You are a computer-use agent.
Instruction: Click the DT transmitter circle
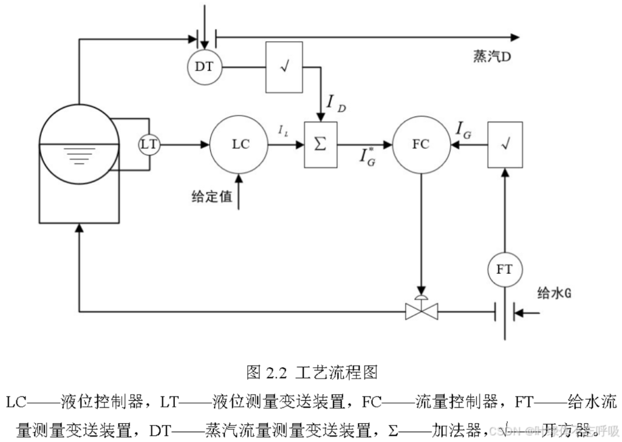pos(205,66)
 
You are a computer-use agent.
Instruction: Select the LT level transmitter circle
pos(149,144)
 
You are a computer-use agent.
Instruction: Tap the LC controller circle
pos(239,144)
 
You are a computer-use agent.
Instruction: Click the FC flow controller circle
pos(420,144)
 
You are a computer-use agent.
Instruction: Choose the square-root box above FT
pos(505,145)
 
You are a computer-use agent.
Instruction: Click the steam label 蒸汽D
pos(490,57)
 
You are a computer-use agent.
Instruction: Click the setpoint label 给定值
pos(212,197)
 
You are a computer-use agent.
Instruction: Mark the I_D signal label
pos(337,103)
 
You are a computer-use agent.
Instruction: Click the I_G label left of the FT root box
pos(463,129)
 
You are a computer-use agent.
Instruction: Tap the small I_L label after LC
pos(283,129)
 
